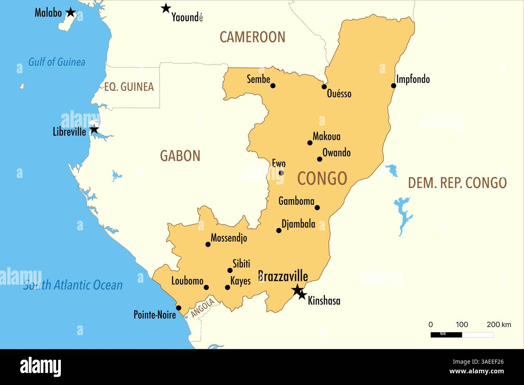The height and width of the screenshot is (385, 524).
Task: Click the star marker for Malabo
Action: [x=71, y=12]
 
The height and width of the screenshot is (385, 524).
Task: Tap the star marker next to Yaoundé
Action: [x=166, y=8]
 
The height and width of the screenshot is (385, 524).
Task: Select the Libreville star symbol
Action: [x=94, y=130]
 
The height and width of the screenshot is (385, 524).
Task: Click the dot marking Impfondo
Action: [x=394, y=85]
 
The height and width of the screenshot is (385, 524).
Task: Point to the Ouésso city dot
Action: [x=324, y=87]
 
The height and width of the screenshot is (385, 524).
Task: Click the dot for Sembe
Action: [x=273, y=85]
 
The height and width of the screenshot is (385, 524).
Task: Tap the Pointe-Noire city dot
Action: [x=179, y=308]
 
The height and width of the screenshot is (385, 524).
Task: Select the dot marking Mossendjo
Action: [x=208, y=244]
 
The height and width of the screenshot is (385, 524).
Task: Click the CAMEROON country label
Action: [x=252, y=37]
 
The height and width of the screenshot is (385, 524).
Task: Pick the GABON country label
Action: [x=180, y=156]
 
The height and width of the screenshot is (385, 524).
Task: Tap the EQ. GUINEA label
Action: [x=129, y=87]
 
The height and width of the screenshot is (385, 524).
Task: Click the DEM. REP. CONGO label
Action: [x=457, y=183]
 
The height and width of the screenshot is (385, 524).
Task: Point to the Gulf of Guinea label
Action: [x=57, y=62]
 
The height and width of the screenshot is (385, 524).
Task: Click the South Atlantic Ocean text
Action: [x=73, y=285]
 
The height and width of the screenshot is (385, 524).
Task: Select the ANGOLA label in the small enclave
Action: [x=202, y=308]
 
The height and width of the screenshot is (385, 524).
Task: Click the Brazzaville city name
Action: [x=283, y=276]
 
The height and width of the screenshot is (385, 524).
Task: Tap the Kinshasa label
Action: [x=324, y=301]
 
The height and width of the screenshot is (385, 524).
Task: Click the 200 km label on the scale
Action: [x=499, y=325]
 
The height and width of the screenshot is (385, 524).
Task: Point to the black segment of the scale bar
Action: [x=446, y=335]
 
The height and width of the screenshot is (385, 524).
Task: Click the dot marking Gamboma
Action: [x=317, y=207]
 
